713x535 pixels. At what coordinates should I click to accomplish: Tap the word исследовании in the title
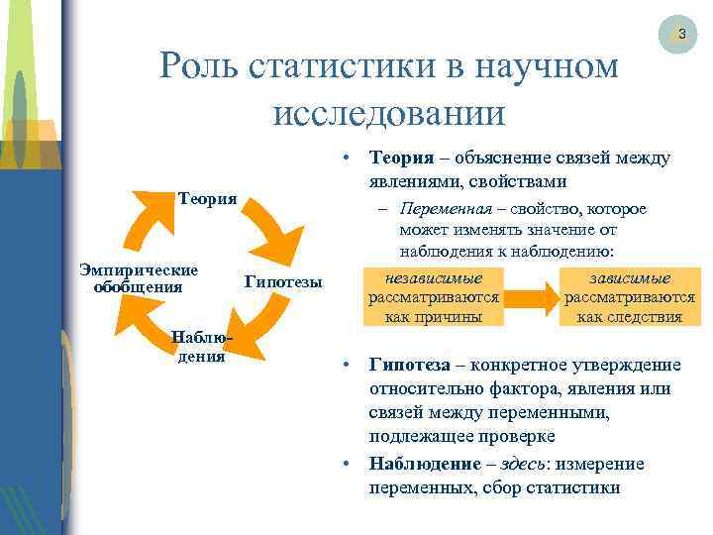(x=389, y=111)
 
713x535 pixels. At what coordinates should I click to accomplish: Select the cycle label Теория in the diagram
(x=207, y=198)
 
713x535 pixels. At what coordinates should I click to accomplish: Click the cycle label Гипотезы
(x=283, y=281)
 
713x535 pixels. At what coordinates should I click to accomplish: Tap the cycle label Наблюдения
(x=201, y=348)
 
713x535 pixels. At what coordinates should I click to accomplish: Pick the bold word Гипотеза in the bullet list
(x=408, y=365)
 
